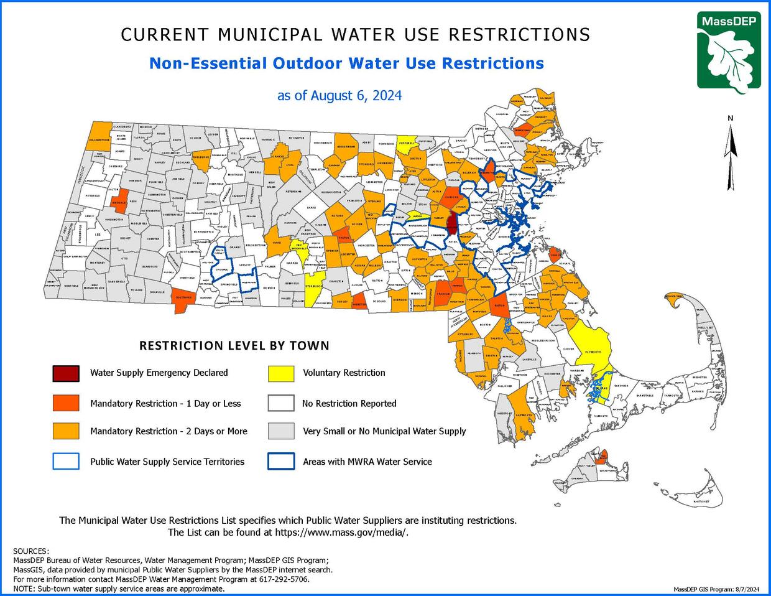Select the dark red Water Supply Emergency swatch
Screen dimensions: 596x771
[66, 373]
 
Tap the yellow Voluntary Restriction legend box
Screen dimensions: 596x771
[280, 373]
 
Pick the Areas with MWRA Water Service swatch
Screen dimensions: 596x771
[280, 462]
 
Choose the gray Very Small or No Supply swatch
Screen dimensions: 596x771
[280, 431]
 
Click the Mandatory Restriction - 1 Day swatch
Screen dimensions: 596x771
[66, 403]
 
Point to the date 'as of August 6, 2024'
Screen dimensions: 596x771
[339, 96]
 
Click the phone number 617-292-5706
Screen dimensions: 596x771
[288, 579]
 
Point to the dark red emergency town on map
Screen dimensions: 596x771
[452, 221]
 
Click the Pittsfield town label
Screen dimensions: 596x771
[92, 196]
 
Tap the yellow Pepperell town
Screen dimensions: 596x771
[407, 142]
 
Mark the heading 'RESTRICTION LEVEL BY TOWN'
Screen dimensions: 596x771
[234, 346]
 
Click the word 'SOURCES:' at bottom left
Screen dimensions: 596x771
[30, 551]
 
